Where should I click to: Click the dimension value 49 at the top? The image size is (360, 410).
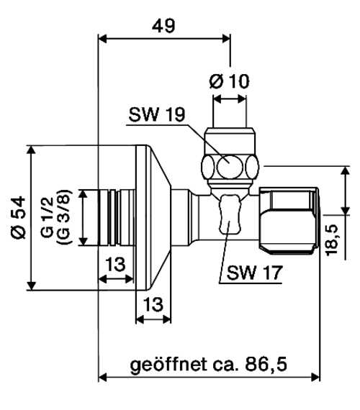(163, 26)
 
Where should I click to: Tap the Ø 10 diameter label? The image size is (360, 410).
(230, 81)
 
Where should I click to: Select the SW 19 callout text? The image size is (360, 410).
(157, 114)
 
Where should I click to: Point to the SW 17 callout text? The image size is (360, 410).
(255, 273)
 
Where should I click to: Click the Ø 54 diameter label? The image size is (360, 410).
(19, 218)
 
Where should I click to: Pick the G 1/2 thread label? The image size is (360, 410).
(48, 217)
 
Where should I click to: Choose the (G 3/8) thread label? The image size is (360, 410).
(63, 217)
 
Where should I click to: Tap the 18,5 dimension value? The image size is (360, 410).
(332, 240)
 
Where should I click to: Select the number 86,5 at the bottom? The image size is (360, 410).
(266, 364)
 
